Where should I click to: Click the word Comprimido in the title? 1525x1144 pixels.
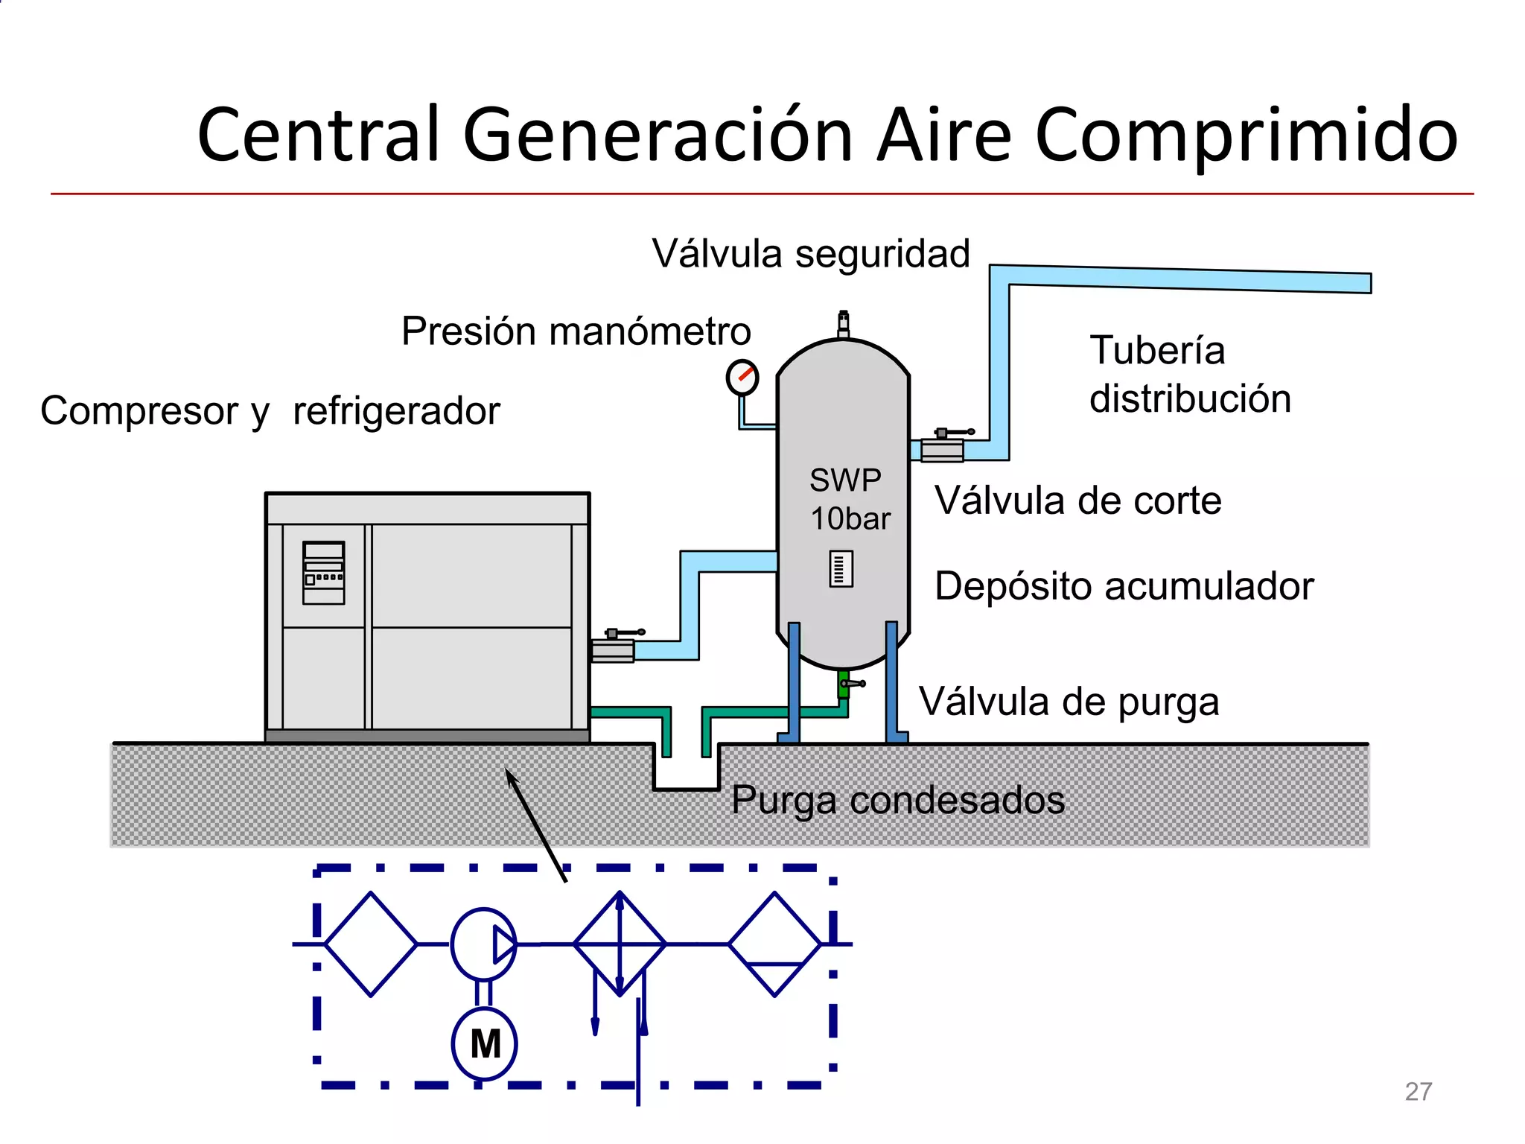click(1245, 136)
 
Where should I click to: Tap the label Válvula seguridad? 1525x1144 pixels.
click(811, 254)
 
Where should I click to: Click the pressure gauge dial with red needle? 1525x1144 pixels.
click(742, 378)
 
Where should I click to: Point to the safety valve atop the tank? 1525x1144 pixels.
click(843, 325)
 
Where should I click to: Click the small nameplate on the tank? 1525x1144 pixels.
click(841, 570)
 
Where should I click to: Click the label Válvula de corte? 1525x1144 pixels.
click(1077, 500)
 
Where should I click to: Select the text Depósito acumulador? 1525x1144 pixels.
click(1124, 586)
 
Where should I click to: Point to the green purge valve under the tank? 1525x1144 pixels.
click(844, 684)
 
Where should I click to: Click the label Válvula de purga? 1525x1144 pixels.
click(1069, 702)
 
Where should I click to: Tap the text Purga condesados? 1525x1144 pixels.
click(897, 801)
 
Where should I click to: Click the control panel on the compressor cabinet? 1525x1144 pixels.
click(323, 572)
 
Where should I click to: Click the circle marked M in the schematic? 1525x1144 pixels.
click(484, 1043)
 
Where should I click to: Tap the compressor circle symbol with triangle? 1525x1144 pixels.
click(483, 944)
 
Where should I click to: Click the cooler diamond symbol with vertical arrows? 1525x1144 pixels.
click(620, 944)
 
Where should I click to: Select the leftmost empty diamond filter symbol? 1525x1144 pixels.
click(371, 944)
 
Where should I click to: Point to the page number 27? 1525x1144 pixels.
click(1418, 1092)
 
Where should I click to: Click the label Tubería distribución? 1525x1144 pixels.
click(1189, 374)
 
